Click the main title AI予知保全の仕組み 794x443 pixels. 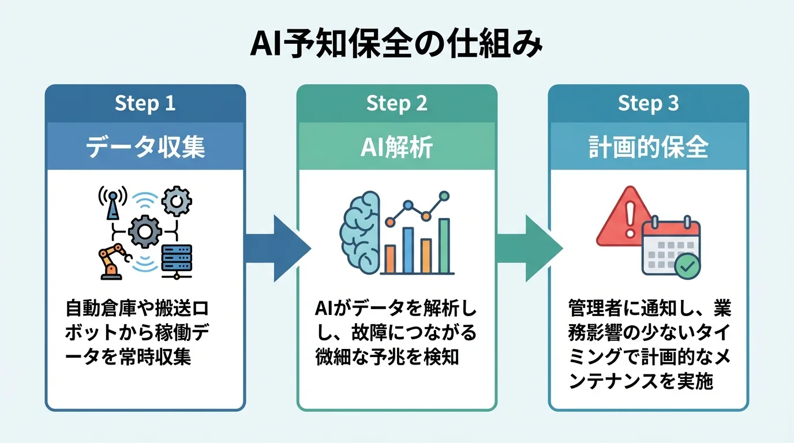[396, 45]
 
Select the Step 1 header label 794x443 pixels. [145, 103]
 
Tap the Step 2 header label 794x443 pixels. [396, 103]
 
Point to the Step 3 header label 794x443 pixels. [648, 103]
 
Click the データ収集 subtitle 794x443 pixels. [145, 148]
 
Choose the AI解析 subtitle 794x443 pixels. [396, 148]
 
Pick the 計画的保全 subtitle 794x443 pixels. [648, 148]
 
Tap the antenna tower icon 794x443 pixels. [113, 204]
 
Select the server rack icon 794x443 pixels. [177, 261]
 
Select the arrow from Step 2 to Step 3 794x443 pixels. [529, 248]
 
